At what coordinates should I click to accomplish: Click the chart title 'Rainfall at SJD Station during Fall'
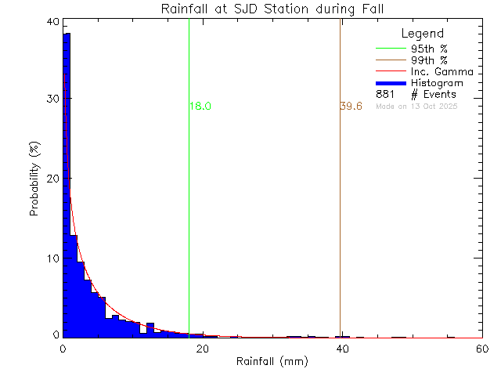click(272, 9)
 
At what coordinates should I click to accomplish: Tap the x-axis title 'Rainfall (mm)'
click(272, 363)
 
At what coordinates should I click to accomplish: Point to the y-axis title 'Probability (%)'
click(35, 179)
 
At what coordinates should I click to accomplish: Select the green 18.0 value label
click(201, 107)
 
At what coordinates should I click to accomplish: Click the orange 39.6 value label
click(351, 107)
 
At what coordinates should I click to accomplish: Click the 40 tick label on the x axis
click(342, 349)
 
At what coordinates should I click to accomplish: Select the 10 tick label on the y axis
click(51, 258)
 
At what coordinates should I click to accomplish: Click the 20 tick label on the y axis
click(51, 179)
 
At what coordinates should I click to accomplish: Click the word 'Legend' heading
click(422, 34)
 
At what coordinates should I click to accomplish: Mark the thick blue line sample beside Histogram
click(391, 83)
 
